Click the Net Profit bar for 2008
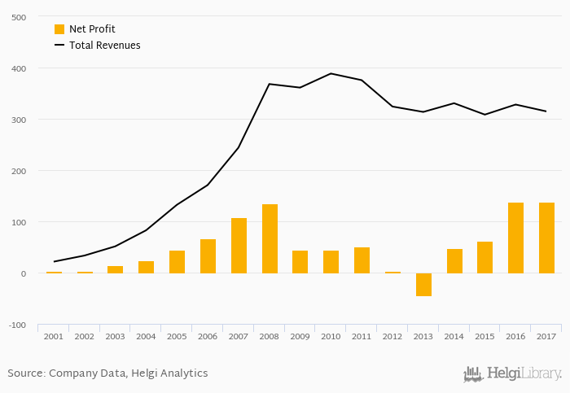point(270,238)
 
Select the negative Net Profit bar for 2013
point(423,285)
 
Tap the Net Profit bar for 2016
point(515,238)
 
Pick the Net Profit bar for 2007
point(239,246)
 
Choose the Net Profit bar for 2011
point(362,260)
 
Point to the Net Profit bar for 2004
point(147,267)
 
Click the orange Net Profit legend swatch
point(59,29)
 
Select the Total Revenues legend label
point(104,46)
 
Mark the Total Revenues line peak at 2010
point(331,73)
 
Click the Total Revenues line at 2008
point(270,84)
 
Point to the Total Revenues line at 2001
point(54,261)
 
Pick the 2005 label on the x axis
point(177,336)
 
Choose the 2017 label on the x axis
point(546,336)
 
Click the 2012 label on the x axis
point(392,336)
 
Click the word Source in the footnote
point(25,373)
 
